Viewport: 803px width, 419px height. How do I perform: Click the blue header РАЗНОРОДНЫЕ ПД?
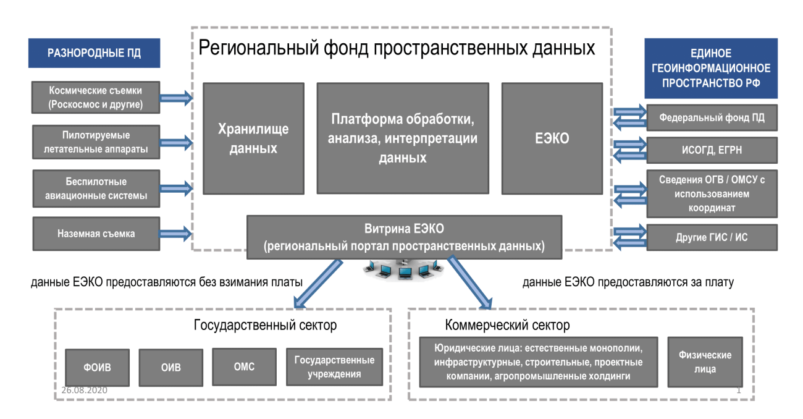(94, 53)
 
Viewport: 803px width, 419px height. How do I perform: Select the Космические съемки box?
(95, 98)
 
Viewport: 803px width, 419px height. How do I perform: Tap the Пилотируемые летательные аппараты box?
(95, 142)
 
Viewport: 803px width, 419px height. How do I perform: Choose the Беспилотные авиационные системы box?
(95, 189)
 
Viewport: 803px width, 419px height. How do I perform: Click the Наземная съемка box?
(95, 234)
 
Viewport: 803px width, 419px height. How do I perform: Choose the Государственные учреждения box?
(334, 366)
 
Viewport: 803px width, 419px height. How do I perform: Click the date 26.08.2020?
(85, 391)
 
